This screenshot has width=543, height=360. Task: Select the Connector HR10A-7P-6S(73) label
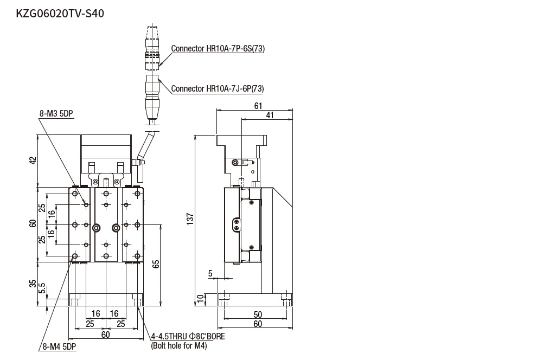218,48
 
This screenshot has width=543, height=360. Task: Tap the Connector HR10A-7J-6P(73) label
218,88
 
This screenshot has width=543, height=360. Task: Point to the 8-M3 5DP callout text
56,114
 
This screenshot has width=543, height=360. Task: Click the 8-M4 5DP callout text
58,346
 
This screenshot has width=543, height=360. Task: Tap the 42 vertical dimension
33,160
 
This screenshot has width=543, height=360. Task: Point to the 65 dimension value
156,264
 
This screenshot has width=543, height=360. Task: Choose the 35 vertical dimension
33,283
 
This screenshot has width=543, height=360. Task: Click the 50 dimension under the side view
258,314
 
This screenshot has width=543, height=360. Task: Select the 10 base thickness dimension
200,298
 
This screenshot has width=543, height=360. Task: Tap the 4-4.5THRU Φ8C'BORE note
187,337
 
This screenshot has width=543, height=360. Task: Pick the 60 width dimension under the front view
105,335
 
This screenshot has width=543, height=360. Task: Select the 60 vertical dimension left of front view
33,224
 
